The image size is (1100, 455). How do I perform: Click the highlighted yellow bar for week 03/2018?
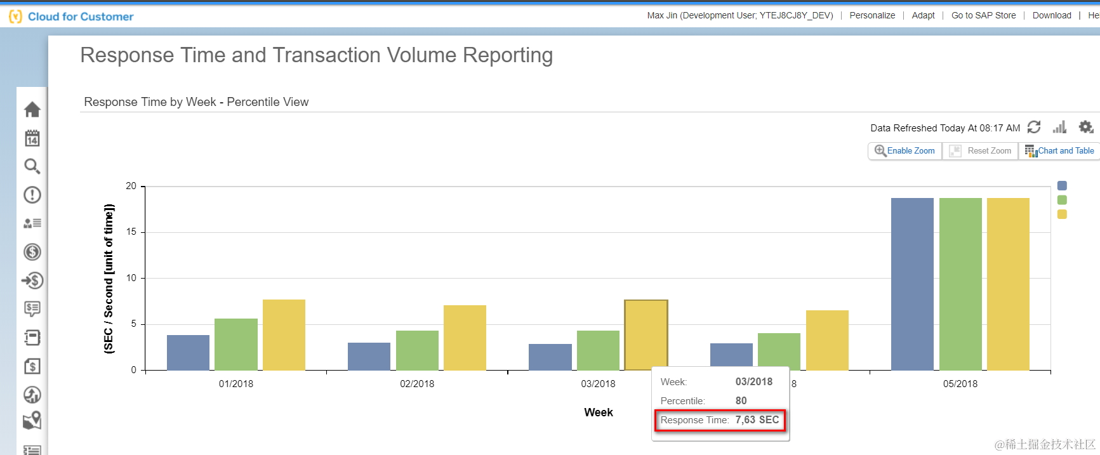(646, 334)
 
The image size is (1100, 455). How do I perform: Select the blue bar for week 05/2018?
(912, 284)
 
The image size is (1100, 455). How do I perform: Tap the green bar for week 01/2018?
(236, 344)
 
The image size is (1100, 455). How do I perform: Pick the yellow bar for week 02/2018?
(465, 338)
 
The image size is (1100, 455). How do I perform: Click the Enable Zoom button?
(905, 151)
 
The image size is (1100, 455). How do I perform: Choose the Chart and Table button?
(1059, 151)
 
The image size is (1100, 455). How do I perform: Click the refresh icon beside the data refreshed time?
(1034, 128)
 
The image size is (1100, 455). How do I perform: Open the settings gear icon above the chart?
(1086, 128)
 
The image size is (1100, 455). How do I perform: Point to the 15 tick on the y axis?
(131, 232)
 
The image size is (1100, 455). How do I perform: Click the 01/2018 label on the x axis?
(236, 384)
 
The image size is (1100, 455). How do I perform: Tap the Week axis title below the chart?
(599, 412)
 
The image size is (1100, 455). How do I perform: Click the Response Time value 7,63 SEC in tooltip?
(757, 420)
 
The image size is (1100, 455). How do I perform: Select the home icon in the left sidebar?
(32, 110)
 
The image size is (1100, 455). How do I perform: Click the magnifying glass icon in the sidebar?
(32, 166)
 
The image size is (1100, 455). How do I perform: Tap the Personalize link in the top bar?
(872, 15)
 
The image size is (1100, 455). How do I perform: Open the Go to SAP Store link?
(983, 15)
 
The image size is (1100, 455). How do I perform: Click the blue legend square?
(1062, 186)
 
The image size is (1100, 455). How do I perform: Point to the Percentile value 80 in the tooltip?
(741, 401)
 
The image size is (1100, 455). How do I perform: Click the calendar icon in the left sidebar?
(32, 138)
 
